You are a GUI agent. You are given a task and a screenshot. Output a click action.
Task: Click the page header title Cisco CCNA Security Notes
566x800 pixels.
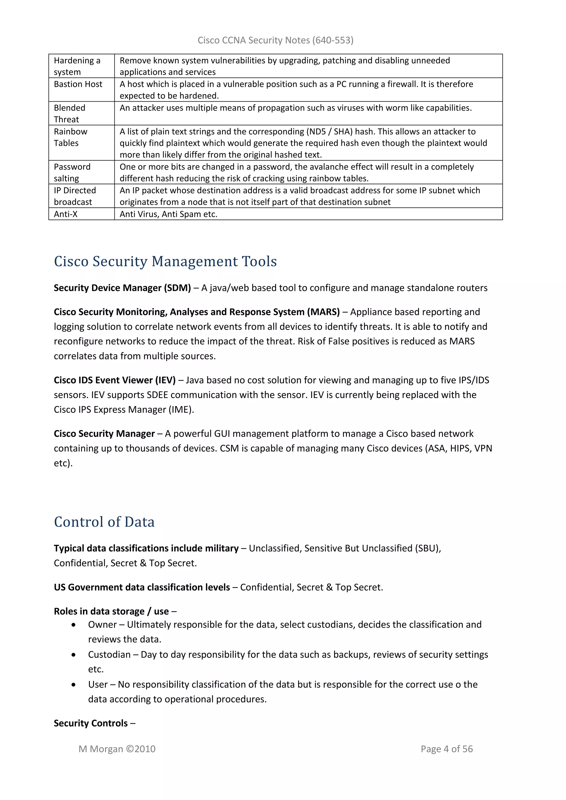[x=275, y=40]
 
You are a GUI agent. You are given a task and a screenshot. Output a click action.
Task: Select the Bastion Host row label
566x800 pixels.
[x=78, y=84]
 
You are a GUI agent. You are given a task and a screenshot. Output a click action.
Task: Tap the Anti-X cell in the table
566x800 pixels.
[x=66, y=214]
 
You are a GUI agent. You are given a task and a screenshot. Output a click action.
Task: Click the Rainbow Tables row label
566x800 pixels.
[x=70, y=137]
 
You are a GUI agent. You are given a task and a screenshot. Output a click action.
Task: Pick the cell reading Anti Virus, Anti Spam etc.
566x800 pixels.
[x=168, y=214]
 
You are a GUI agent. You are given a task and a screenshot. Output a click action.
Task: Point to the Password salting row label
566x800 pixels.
[x=72, y=172]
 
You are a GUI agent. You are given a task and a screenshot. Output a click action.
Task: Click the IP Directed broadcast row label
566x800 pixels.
[x=75, y=196]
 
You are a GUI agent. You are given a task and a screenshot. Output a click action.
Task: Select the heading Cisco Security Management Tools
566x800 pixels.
[x=165, y=261]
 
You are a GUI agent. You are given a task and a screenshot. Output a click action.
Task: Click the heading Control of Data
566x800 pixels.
[x=104, y=522]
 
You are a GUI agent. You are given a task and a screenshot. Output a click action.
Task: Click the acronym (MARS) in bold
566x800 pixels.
[x=323, y=312]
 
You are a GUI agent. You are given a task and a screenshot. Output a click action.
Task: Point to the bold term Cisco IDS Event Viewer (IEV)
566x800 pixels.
[x=115, y=380]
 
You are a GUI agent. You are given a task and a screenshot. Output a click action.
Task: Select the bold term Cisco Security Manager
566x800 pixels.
[x=104, y=433]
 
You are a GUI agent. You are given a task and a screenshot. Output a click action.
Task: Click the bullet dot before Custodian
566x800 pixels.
[x=73, y=655]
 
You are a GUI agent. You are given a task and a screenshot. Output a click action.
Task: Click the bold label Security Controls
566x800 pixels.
[x=91, y=723]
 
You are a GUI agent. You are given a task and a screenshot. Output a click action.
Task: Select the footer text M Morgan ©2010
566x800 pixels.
[x=117, y=749]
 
